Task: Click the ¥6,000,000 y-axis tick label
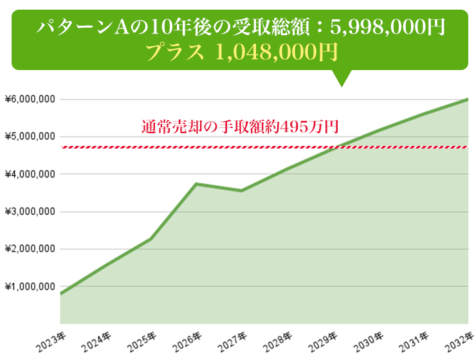tap(30, 100)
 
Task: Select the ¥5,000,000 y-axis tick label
tap(30, 137)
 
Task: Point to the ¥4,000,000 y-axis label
tap(30, 174)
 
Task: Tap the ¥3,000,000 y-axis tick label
tap(30, 212)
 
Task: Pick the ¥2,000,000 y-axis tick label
tap(30, 249)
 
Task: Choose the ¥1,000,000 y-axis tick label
tap(30, 286)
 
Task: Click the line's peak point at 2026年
tap(196, 184)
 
